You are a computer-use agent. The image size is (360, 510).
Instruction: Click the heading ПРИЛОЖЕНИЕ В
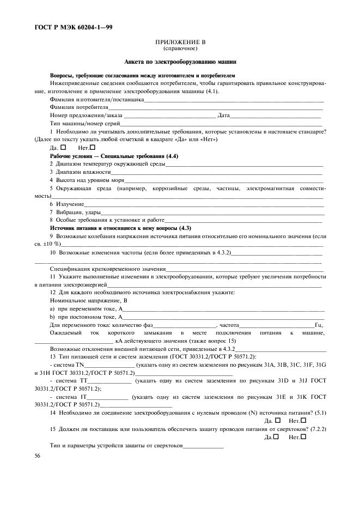(180, 42)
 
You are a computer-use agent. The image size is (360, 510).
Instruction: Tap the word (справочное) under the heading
(180, 48)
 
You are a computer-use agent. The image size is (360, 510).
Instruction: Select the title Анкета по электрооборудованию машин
(180, 62)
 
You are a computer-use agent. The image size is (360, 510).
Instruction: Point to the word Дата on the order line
(224, 116)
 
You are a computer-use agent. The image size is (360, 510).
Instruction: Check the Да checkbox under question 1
(63, 147)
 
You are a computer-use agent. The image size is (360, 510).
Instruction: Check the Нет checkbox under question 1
(92, 147)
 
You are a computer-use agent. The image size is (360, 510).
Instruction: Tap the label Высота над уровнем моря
(87, 180)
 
